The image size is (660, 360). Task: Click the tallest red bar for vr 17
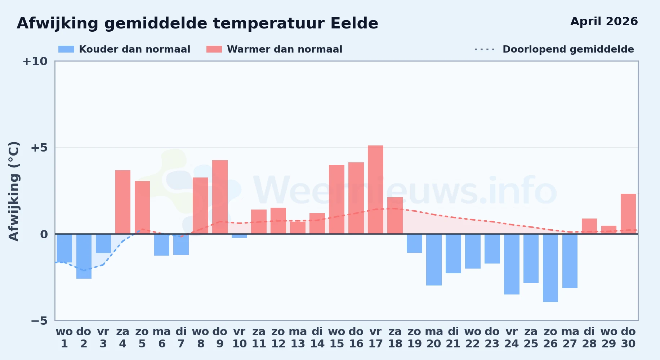(375, 190)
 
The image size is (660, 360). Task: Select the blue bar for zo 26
(550, 268)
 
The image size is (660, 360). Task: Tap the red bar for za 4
(123, 202)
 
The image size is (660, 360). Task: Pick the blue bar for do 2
(84, 256)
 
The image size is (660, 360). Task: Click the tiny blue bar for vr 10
(240, 236)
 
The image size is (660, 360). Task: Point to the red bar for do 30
(628, 214)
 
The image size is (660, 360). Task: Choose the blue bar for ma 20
(434, 260)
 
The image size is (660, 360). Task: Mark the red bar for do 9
(220, 197)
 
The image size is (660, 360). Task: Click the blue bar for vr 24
(512, 264)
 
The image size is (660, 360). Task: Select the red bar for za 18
(395, 216)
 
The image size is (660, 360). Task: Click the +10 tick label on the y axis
(35, 61)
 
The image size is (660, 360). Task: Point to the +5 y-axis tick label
(39, 148)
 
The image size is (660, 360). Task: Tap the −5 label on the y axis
(39, 320)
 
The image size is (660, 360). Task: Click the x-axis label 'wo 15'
(336, 337)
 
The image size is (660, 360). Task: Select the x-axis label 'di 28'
(589, 337)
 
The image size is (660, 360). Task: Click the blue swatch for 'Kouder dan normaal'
(66, 49)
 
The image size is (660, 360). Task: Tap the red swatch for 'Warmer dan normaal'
(214, 49)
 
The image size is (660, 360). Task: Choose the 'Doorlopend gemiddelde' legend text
(568, 49)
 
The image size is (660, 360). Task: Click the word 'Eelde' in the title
(354, 23)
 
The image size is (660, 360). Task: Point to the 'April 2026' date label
(604, 22)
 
